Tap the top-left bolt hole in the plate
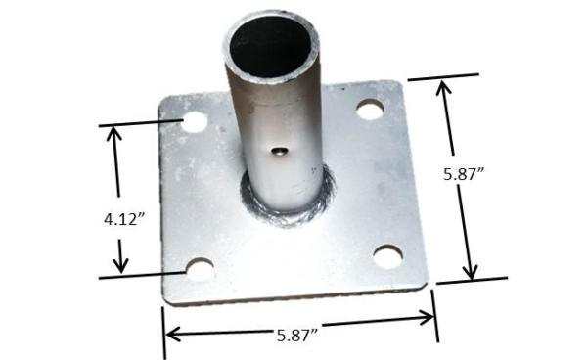coord(195,122)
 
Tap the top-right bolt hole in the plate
coord(370,110)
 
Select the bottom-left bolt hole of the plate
coord(201,268)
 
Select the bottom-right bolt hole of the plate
coord(387,256)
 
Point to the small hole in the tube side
coord(280,151)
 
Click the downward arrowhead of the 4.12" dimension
coord(121,265)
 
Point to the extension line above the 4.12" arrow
coord(137,123)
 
